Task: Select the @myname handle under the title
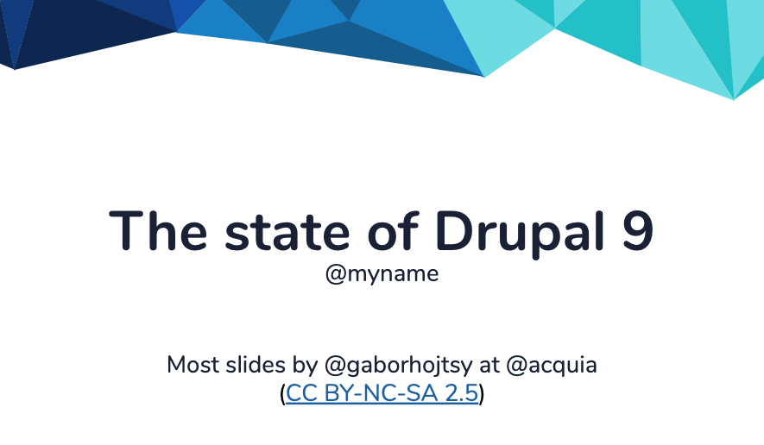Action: click(382, 274)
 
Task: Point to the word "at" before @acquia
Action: click(489, 365)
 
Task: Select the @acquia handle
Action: click(552, 365)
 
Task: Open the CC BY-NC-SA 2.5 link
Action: click(382, 394)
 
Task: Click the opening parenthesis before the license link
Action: click(282, 395)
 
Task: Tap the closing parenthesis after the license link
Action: click(482, 395)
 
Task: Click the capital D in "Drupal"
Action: click(451, 230)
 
